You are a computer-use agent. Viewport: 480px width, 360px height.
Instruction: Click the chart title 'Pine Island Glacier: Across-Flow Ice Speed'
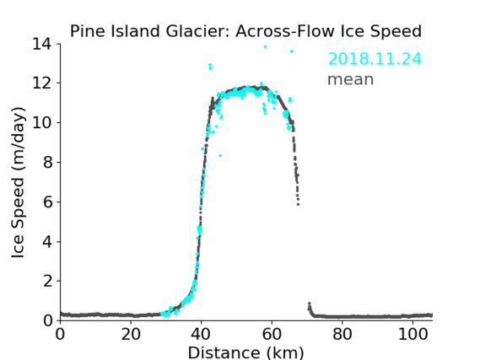click(245, 31)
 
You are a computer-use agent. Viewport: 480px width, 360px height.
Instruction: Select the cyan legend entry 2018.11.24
click(375, 59)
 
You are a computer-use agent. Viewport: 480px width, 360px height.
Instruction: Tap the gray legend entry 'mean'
click(351, 79)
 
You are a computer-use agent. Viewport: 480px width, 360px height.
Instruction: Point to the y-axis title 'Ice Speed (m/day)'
click(18, 182)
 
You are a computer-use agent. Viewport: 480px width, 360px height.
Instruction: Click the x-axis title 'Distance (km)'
click(245, 352)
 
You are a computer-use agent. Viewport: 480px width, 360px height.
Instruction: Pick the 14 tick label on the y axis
click(42, 44)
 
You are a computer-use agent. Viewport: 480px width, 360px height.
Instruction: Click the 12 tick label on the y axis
click(42, 83)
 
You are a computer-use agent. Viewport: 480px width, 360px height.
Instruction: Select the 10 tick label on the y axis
click(42, 122)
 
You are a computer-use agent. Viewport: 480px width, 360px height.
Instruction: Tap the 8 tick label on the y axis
click(47, 162)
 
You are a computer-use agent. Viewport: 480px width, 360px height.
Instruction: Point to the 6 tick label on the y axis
click(47, 201)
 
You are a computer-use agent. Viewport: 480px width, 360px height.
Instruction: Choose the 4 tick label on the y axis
click(47, 242)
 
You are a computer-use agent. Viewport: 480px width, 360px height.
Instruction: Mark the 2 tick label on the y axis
click(47, 281)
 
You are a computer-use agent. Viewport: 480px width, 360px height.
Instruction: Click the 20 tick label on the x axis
click(131, 334)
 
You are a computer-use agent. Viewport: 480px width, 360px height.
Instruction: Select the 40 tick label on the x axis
click(201, 334)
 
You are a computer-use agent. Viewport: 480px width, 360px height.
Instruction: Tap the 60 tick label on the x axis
click(272, 334)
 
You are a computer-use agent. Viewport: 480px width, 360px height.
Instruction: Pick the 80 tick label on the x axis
click(342, 334)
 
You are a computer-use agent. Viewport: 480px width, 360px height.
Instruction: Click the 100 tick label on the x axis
click(413, 334)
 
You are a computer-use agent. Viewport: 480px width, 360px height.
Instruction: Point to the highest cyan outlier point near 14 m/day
click(265, 47)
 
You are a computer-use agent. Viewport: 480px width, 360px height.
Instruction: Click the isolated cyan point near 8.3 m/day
click(220, 156)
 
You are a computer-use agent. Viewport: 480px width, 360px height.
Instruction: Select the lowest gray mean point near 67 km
click(298, 204)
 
